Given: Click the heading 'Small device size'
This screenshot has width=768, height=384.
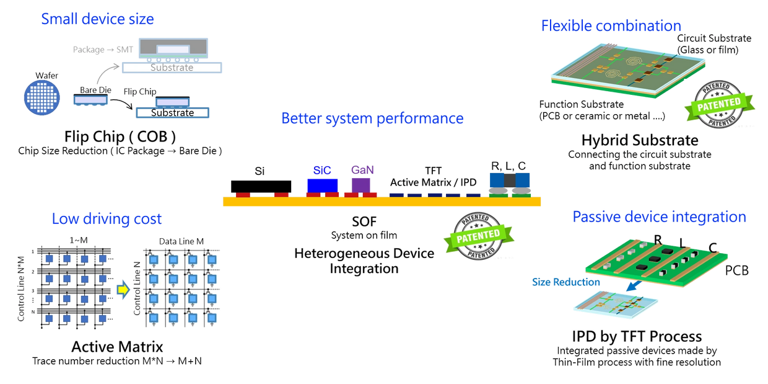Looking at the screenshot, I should click(97, 19).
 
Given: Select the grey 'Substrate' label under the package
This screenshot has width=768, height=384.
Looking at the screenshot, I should click(172, 67).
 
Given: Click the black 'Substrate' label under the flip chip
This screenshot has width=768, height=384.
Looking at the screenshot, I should click(172, 113).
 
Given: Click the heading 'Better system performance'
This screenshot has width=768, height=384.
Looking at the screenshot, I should click(372, 118).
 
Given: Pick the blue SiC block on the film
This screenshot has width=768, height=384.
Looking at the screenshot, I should click(322, 184).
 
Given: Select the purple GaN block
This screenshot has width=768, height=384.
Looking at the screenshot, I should click(360, 184).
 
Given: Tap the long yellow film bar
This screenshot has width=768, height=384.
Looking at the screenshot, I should click(382, 202).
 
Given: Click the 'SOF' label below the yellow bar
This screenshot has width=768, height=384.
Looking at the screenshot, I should click(364, 221).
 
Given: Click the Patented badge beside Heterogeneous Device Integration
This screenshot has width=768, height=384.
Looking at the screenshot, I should click(479, 235).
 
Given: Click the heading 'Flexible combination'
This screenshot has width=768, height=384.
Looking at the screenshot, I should click(611, 25).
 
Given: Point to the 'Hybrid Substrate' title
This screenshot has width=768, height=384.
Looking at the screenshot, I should click(640, 140).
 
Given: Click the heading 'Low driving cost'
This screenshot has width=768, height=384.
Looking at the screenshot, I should click(107, 218).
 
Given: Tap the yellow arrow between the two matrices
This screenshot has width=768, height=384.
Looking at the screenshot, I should click(124, 288).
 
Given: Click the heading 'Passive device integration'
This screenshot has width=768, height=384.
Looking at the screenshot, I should click(659, 217).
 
